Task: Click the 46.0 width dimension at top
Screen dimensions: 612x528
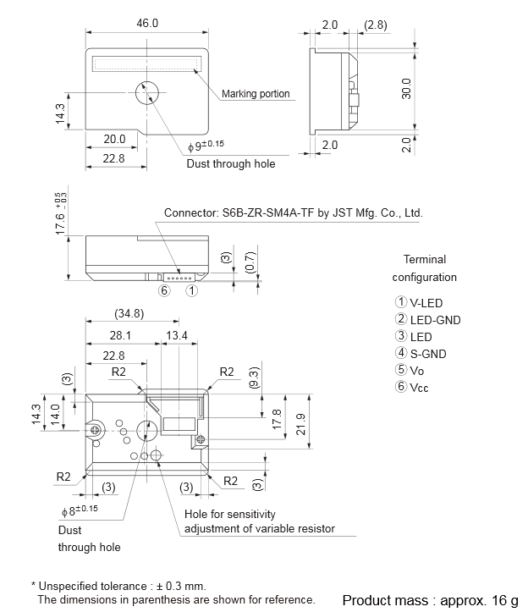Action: point(147,23)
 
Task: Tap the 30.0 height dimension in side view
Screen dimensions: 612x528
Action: point(406,88)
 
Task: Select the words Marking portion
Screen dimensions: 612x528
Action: point(256,94)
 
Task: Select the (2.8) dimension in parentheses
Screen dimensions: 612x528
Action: point(375,25)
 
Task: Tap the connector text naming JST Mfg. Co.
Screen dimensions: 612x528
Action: point(293,213)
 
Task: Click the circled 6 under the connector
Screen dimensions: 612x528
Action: point(165,290)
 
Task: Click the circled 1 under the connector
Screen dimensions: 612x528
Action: point(192,290)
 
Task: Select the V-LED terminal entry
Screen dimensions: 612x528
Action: point(419,302)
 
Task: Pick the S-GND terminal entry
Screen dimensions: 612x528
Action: point(421,354)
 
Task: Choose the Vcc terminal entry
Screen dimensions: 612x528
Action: point(415,387)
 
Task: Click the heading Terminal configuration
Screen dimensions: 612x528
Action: point(424,268)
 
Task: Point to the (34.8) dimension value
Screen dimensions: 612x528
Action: point(129,314)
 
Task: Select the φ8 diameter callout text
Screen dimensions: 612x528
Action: point(80,510)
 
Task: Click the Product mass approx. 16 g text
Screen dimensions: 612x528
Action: point(429,600)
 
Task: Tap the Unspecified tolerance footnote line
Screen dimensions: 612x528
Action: point(118,586)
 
